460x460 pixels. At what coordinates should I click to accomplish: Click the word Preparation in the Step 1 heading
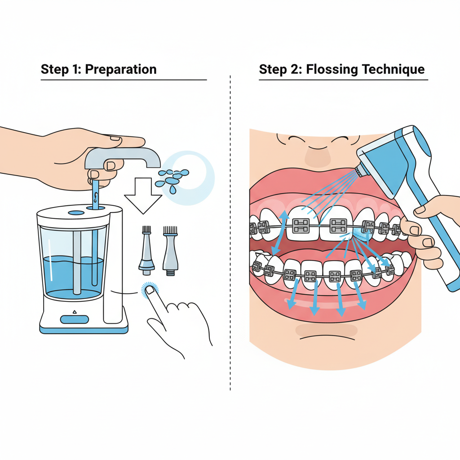click(x=120, y=70)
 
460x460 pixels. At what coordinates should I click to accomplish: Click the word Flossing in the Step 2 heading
click(x=332, y=70)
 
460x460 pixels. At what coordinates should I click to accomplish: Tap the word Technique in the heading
click(x=393, y=70)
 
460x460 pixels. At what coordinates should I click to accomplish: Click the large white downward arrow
click(x=143, y=195)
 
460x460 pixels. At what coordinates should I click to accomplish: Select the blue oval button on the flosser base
click(x=75, y=319)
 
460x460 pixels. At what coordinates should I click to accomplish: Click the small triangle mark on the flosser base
click(x=75, y=312)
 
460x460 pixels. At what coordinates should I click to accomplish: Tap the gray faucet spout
click(x=123, y=157)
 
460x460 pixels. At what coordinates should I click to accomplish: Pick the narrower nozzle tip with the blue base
click(x=146, y=250)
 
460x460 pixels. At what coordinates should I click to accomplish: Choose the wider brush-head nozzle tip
click(x=170, y=251)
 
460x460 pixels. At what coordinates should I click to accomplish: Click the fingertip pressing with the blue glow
click(x=150, y=290)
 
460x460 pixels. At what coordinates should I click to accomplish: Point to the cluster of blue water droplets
click(x=172, y=180)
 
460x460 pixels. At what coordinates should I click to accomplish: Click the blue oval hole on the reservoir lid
click(x=76, y=212)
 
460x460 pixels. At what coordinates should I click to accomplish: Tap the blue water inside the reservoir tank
click(x=73, y=276)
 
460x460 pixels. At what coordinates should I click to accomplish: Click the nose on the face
click(x=318, y=155)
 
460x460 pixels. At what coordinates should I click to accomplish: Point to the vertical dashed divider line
click(x=230, y=233)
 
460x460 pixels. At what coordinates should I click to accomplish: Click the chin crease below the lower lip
click(x=327, y=337)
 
